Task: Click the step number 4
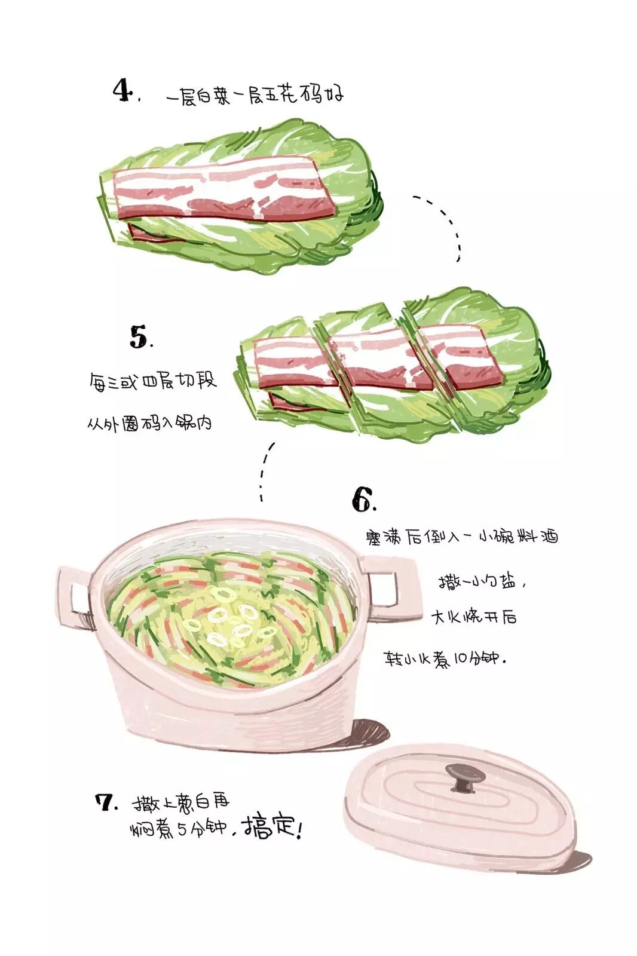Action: coord(124,91)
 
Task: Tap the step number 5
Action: coord(139,337)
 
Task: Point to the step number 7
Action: coord(105,803)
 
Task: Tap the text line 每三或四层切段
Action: coord(153,381)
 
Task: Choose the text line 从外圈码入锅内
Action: coord(149,423)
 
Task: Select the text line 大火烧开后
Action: coord(474,617)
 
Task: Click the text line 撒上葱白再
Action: coord(181,802)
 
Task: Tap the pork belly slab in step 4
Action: coord(224,190)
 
